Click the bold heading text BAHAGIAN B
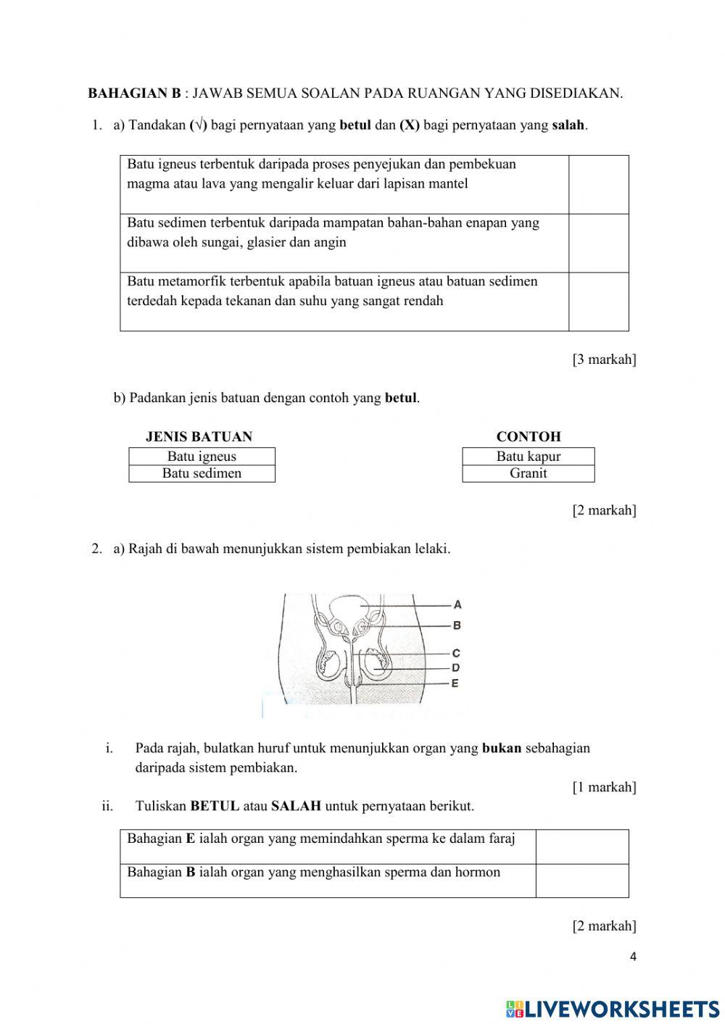(x=134, y=93)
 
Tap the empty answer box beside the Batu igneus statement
(x=598, y=184)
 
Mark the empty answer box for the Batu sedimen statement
(x=598, y=243)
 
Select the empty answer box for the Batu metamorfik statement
(x=598, y=301)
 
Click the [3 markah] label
(x=604, y=359)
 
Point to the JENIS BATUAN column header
(x=199, y=437)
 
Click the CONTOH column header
(x=529, y=437)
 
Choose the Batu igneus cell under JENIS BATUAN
(x=202, y=457)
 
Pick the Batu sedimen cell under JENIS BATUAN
(x=202, y=473)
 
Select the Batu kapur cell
(x=529, y=457)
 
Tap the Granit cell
(x=529, y=473)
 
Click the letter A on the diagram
(x=457, y=604)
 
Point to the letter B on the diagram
(x=457, y=625)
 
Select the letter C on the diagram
(x=456, y=653)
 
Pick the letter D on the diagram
(x=456, y=667)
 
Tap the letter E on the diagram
(x=455, y=683)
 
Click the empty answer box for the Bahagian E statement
(x=581, y=846)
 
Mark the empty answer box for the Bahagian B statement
(x=581, y=881)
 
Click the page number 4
(x=633, y=957)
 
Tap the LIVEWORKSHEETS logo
(x=613, y=1008)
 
